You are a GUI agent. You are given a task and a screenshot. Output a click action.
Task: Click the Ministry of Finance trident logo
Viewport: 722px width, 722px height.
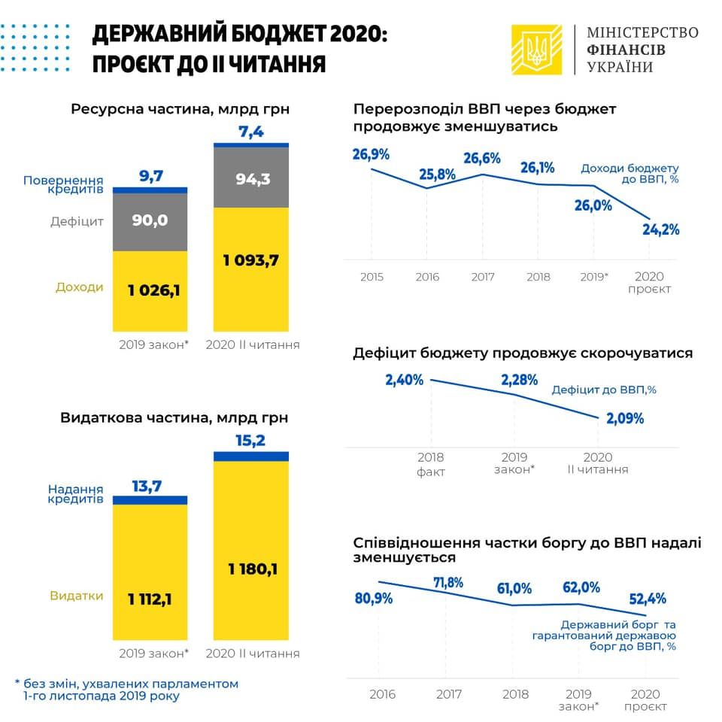click(536, 50)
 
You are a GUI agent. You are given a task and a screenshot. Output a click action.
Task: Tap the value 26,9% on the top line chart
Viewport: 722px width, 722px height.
click(371, 155)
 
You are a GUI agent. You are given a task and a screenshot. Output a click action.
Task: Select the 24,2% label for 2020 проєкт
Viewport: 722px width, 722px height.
click(660, 230)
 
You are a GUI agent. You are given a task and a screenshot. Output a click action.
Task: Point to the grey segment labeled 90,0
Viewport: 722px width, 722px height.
click(150, 221)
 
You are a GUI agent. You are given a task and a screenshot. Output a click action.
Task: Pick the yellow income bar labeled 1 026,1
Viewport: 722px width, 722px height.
click(150, 290)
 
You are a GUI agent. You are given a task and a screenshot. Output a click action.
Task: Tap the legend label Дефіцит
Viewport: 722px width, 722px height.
click(77, 221)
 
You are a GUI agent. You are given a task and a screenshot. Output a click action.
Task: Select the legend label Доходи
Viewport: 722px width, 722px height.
click(79, 287)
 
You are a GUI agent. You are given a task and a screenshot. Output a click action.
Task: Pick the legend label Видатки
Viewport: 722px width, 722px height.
click(77, 596)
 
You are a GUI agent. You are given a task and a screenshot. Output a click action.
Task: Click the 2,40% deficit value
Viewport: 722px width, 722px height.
click(404, 381)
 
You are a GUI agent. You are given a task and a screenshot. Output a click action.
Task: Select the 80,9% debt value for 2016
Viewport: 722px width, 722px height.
click(372, 599)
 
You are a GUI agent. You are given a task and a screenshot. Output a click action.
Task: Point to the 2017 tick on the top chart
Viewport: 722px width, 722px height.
click(483, 277)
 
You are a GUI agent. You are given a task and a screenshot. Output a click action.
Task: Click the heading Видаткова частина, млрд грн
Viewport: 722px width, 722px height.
click(174, 417)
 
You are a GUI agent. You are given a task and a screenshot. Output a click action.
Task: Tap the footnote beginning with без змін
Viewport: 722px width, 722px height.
click(126, 690)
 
